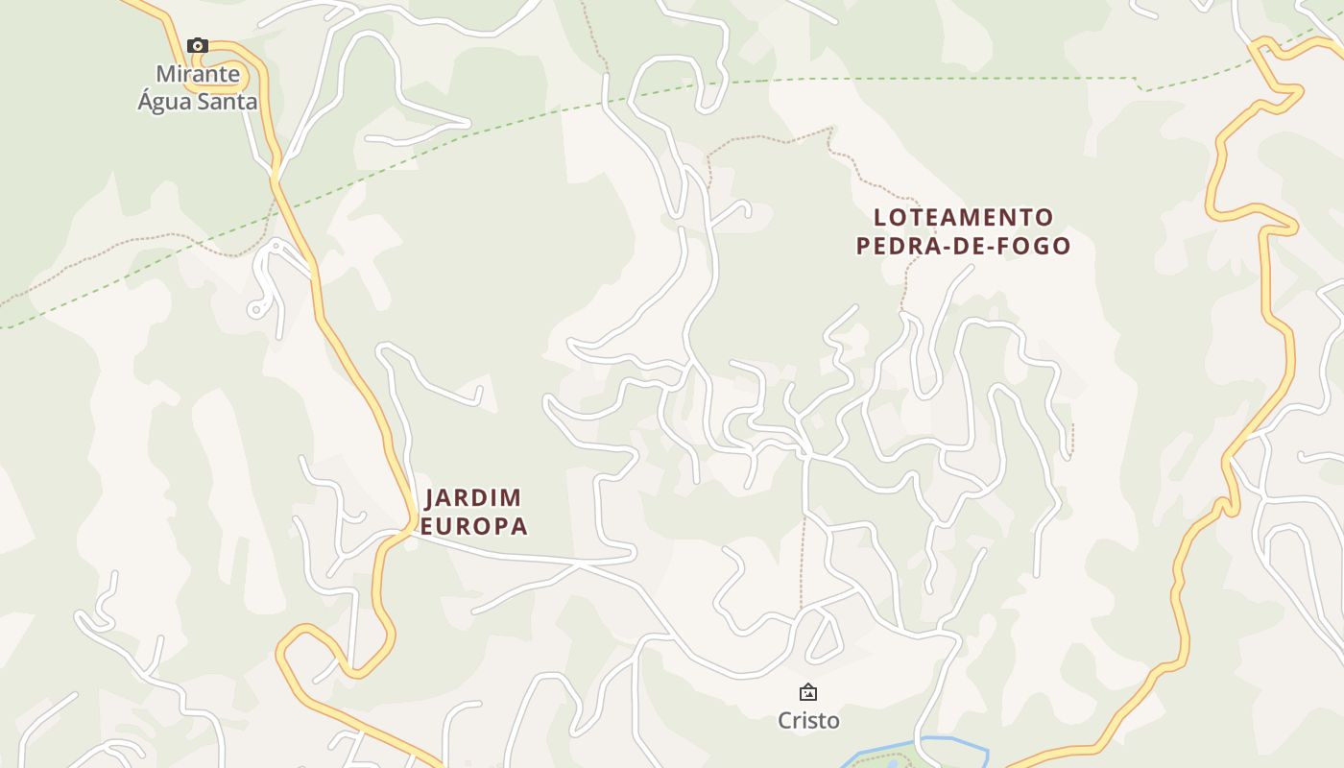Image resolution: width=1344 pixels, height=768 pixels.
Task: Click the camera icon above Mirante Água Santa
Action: (198, 45)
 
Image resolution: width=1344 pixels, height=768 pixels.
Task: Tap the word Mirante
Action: (198, 74)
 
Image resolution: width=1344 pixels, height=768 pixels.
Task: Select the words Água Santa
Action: (198, 101)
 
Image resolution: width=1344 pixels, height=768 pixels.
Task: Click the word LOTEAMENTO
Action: (964, 217)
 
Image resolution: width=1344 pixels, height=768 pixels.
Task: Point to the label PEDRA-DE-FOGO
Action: (963, 246)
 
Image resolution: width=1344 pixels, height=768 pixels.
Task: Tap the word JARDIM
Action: (473, 497)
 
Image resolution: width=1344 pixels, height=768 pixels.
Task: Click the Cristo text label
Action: (808, 721)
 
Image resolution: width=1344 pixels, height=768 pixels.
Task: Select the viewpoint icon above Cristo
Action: (808, 691)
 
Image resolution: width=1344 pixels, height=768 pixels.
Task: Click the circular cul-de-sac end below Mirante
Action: (255, 309)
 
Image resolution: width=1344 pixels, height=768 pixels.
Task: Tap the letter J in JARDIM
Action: (430, 497)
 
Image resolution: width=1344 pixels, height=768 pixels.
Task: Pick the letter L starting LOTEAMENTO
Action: (880, 217)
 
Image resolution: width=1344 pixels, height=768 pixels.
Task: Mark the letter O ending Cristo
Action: (832, 721)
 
